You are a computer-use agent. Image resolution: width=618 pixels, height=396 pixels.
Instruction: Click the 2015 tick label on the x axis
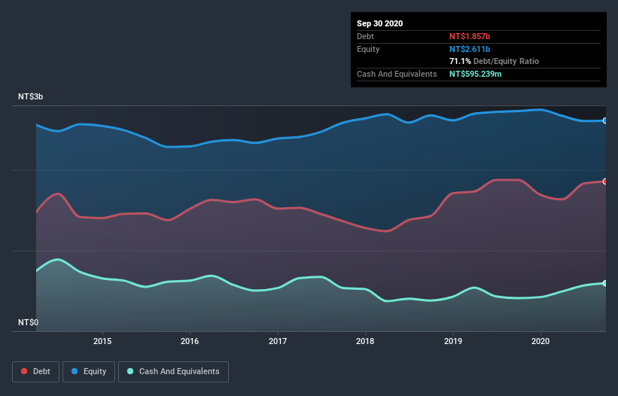102,340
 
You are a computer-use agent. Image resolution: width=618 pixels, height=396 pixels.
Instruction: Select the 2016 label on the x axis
190,340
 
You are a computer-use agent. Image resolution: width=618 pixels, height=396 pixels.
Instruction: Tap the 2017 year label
278,340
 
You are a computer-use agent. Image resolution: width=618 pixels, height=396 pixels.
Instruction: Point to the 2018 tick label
365,340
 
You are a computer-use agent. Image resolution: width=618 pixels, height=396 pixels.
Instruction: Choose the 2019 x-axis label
453,340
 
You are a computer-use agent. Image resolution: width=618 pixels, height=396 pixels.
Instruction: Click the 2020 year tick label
540,340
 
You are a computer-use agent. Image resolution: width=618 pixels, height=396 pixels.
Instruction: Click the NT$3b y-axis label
31,97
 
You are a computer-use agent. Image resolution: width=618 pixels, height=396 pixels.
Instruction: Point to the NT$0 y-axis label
29,322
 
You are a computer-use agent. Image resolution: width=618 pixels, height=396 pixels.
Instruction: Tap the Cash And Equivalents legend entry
173,371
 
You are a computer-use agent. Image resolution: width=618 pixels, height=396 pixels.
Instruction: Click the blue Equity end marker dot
605,120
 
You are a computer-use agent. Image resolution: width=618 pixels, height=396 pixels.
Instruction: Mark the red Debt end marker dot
605,181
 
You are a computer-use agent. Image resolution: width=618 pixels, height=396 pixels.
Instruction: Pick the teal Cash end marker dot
605,283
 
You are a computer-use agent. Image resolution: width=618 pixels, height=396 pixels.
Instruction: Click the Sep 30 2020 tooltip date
380,23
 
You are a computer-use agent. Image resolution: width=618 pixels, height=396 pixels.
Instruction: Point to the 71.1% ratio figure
460,61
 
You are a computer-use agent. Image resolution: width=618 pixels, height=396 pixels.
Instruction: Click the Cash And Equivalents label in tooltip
397,74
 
